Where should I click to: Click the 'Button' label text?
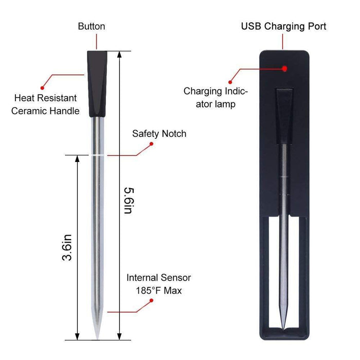click(92, 26)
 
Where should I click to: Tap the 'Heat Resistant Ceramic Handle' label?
click(45, 104)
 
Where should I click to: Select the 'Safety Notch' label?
click(159, 134)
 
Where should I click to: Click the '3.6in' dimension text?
click(66, 247)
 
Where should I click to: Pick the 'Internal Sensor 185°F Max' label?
click(159, 284)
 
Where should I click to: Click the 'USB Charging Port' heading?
click(283, 26)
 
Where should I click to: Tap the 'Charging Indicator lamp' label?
click(215, 98)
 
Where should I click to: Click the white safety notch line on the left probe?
click(97, 154)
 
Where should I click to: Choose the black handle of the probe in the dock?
click(283, 113)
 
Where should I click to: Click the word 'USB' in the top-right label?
click(251, 26)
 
